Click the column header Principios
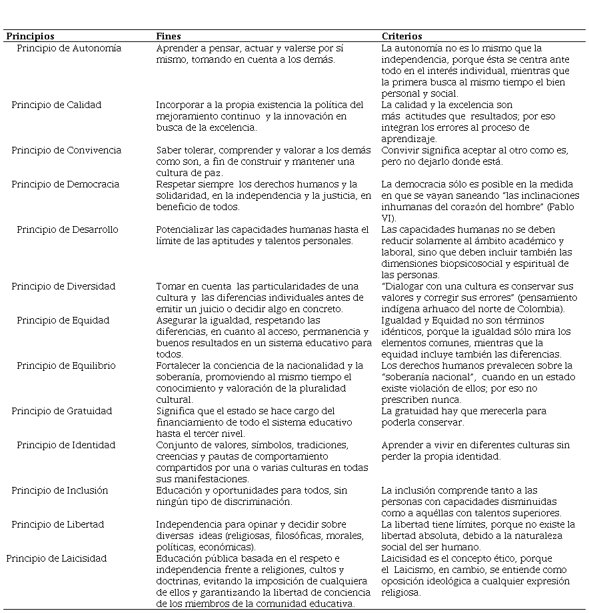30,36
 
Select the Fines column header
168,36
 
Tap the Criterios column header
401,36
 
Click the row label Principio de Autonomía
69,48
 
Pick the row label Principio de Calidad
56,105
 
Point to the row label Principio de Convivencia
66,150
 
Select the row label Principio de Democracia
65,184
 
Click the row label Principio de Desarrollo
67,229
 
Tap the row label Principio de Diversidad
63,286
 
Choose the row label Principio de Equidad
63,320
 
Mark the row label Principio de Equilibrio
66,366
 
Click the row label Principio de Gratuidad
61,411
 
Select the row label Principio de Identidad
66,445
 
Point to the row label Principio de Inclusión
59,490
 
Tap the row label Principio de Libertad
57,524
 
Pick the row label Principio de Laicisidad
57,558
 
